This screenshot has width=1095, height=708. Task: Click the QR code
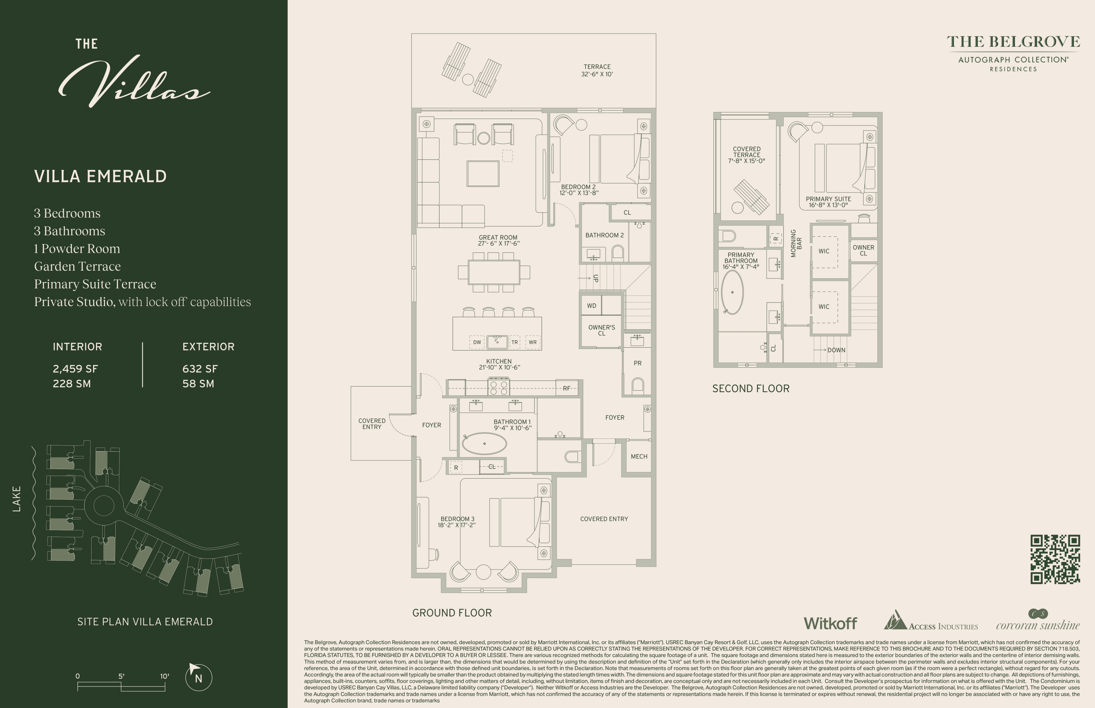coord(1055,559)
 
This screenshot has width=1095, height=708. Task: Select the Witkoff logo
coord(830,623)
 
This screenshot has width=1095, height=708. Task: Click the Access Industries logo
coord(930,622)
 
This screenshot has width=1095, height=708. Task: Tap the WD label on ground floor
coord(592,306)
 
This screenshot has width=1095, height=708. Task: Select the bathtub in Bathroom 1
coord(484,444)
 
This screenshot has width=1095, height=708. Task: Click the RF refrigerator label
coord(566,388)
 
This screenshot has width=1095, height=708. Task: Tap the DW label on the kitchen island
coord(477,342)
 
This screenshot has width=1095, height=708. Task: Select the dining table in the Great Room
coord(494,272)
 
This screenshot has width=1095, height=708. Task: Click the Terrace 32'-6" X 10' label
coord(597,70)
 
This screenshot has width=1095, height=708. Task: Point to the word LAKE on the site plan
coord(16,499)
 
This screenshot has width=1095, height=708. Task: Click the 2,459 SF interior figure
coord(75,369)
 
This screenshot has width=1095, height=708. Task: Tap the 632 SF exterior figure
coord(200,369)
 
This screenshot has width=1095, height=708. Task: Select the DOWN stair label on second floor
coord(836,350)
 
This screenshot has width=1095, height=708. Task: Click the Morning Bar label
coord(796,243)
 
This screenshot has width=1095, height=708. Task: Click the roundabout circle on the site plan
coord(104,505)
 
